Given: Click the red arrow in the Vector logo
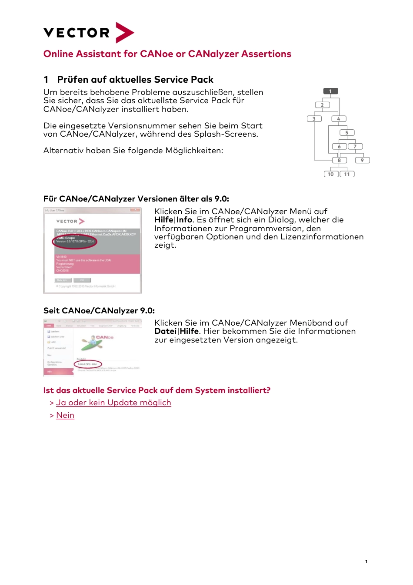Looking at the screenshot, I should tap(124, 33).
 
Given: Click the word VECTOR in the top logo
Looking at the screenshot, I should tap(77, 33).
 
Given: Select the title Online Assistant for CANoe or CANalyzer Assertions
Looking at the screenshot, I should tap(167, 54).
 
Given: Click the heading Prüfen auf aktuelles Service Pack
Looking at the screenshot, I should tap(135, 80).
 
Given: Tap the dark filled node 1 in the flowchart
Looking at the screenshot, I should tap(330, 91).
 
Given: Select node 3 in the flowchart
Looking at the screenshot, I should tap(314, 119).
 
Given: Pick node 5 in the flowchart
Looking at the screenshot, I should tap(347, 133).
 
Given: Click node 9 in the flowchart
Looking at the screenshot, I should tap(362, 160).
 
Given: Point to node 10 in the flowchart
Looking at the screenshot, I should tap(331, 174).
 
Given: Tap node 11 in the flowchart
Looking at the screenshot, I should tap(347, 174).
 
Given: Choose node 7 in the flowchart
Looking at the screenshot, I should tap(355, 147).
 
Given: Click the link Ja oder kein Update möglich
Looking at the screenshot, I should tap(113, 403).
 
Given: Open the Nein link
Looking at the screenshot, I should tap(65, 415).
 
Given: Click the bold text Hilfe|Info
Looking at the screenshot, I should tap(173, 220).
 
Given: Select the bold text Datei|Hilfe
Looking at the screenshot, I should tap(177, 331).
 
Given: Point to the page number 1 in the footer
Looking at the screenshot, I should tap(366, 561).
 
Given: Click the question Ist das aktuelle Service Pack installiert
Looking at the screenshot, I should tap(157, 390).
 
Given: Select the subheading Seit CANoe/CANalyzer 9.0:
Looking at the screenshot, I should tap(99, 311).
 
